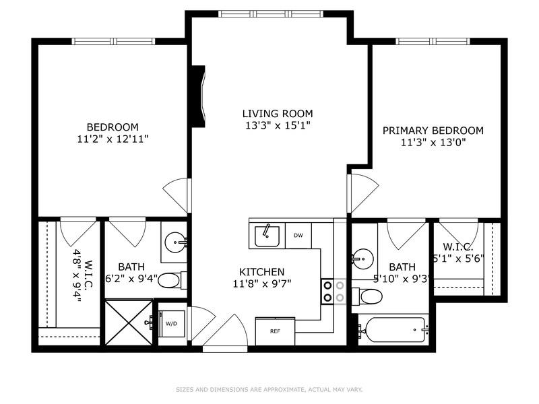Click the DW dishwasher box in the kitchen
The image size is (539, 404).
click(298, 235)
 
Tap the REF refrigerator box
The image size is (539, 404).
click(275, 331)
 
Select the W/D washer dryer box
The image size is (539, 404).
click(172, 324)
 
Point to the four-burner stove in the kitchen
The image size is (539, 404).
click(333, 291)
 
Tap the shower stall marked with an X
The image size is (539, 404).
click(128, 323)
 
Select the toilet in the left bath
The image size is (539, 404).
click(172, 280)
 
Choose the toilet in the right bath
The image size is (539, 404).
click(369, 296)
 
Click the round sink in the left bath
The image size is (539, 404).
click(177, 241)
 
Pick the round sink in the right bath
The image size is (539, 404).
click(362, 257)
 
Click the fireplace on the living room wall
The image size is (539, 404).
click(198, 96)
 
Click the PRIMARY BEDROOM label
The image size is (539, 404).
click(433, 131)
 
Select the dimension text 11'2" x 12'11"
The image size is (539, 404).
click(113, 139)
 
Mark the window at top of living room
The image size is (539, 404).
click(269, 13)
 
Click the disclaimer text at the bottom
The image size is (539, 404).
click(269, 389)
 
